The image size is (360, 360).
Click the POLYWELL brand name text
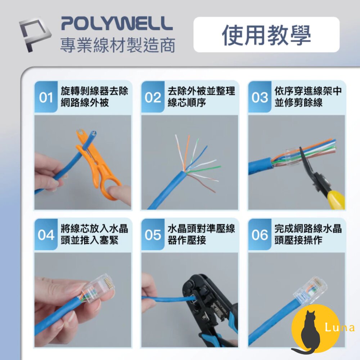[x=117, y=23]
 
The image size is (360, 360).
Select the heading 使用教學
[x=266, y=35]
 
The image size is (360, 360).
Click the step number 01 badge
[x=46, y=98]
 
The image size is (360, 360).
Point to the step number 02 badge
[x=153, y=98]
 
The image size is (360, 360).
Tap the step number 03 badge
[x=260, y=98]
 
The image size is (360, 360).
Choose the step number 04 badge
[x=46, y=235]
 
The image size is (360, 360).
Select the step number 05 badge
[x=153, y=235]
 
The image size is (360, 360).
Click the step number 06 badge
[x=260, y=235]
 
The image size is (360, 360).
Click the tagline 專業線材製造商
[x=117, y=46]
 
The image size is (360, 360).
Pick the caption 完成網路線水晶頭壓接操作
[x=308, y=235]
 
